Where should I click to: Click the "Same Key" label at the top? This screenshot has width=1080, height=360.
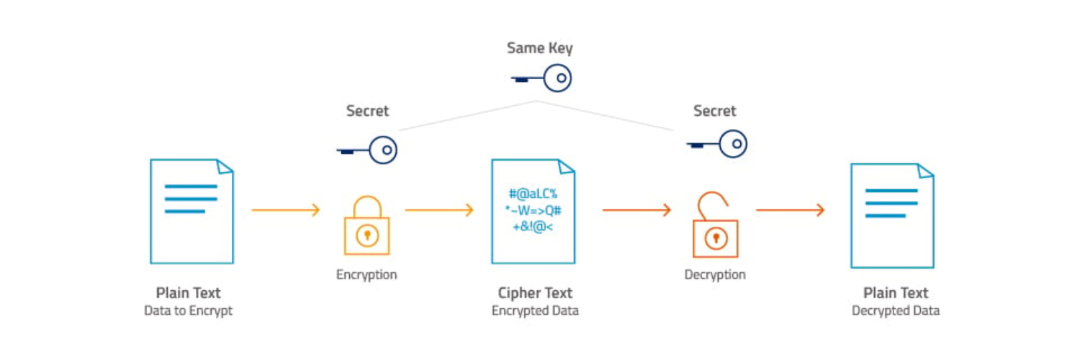539,48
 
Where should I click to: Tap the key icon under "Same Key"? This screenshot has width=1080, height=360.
541,77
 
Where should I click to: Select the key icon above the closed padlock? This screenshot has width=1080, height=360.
367,150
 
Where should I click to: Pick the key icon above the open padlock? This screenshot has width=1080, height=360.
716,144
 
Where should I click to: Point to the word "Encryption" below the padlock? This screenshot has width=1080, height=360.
366,274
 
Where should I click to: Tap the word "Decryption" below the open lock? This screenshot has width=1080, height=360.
715,274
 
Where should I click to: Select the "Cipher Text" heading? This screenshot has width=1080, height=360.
535,293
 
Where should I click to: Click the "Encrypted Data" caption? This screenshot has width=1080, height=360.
535,310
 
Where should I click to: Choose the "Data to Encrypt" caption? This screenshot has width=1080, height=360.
188,310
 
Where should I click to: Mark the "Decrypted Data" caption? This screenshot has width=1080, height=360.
896,310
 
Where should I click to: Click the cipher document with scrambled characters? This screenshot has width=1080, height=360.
534,211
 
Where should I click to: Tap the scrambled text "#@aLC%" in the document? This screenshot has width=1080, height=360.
533,194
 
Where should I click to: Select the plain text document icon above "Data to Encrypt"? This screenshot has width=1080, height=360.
192,211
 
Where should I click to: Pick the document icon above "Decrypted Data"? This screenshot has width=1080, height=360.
892,215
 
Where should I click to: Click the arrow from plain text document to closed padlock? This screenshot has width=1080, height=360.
285,210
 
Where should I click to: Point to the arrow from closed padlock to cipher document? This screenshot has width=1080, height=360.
439,210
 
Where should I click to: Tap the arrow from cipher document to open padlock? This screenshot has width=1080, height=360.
636,210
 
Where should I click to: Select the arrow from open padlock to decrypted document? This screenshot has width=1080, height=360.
790,210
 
